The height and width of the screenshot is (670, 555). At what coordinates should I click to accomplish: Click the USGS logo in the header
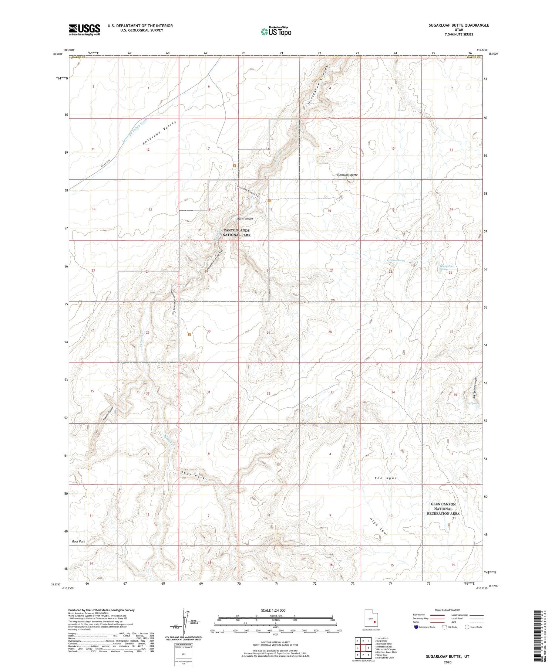84,29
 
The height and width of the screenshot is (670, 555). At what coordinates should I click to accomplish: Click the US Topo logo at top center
276,31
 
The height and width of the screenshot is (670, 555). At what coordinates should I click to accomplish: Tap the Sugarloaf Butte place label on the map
347,175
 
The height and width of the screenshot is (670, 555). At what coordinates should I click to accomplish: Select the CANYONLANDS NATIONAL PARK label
236,232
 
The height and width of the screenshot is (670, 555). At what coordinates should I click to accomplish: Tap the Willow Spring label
397,260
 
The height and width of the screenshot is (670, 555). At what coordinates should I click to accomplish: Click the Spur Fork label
192,476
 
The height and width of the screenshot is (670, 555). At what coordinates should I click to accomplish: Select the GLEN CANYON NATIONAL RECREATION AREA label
443,509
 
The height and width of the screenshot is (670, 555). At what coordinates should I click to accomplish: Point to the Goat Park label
78,541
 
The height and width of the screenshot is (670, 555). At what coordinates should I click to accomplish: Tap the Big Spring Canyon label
477,388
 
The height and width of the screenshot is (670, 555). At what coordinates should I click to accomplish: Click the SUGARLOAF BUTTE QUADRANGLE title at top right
453,25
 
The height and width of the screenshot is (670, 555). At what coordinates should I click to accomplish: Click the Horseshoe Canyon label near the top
318,86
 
